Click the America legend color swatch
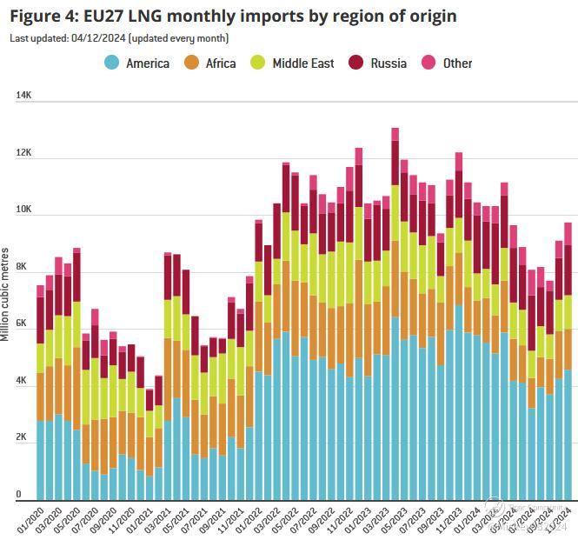click(x=111, y=63)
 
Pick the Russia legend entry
click(x=387, y=63)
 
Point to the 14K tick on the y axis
click(x=23, y=97)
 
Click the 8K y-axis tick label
click(x=23, y=267)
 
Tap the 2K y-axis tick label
click(x=23, y=437)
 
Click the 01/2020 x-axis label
click(x=30, y=518)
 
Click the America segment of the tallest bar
click(x=395, y=409)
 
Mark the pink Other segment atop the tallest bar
click(x=395, y=134)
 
